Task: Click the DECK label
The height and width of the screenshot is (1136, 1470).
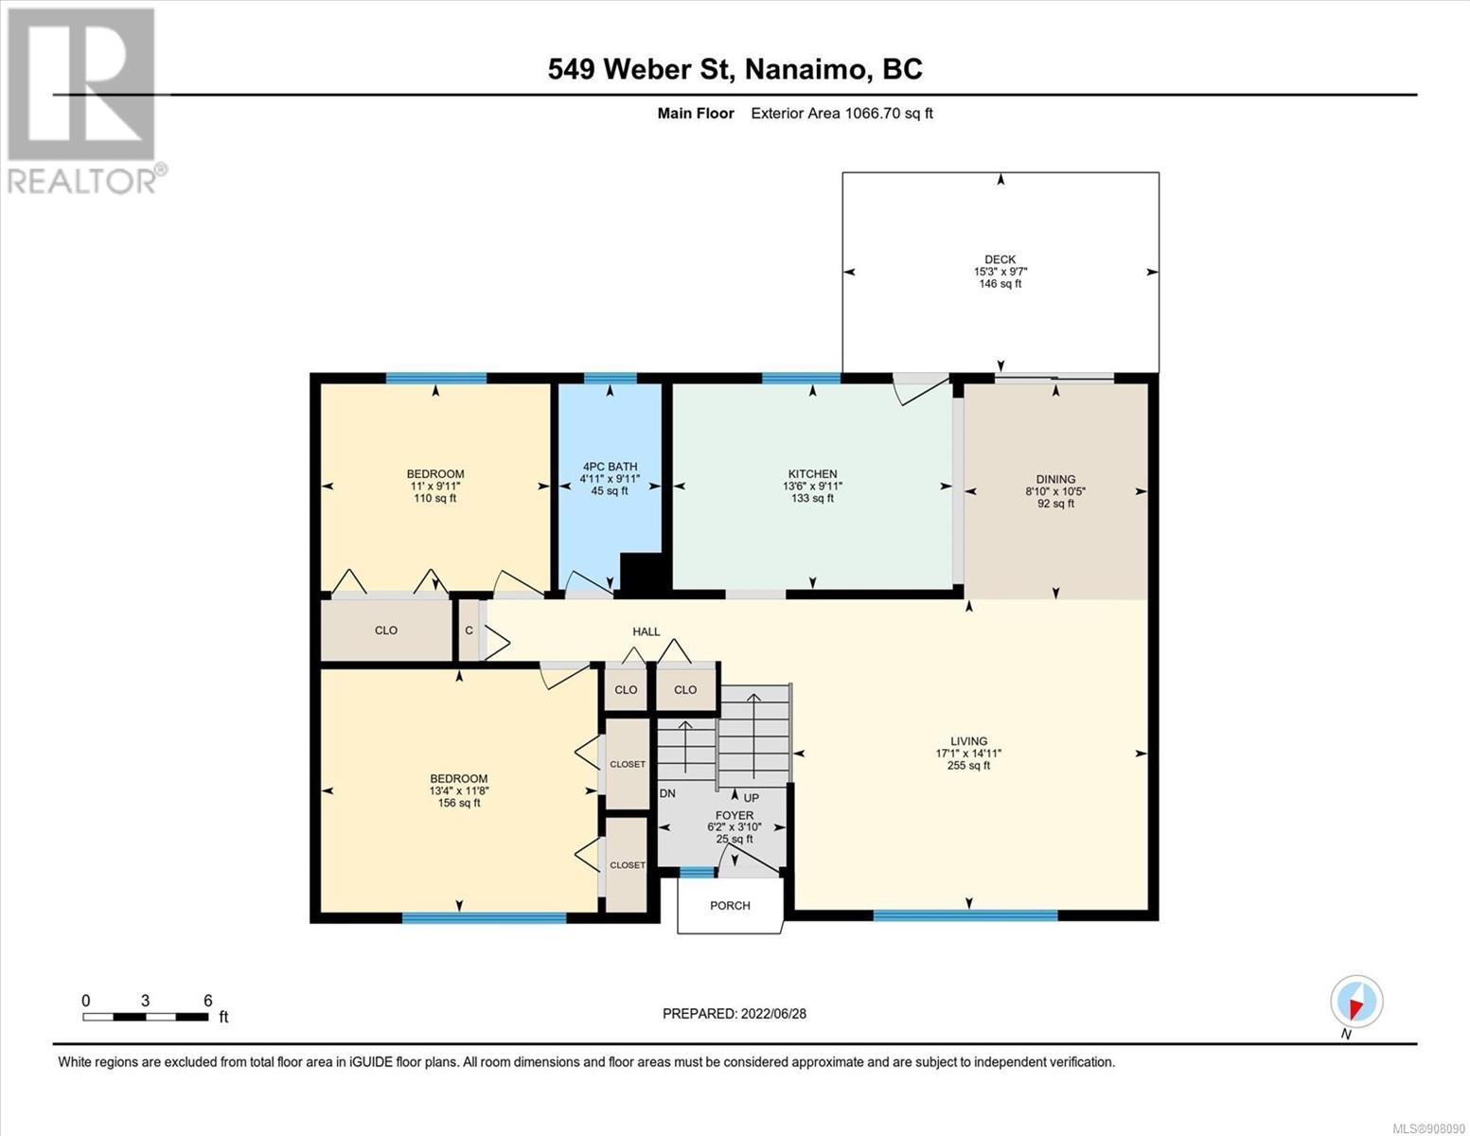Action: pos(1000,259)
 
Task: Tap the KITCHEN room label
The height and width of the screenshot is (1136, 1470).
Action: pos(812,474)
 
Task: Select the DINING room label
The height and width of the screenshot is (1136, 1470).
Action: pos(1055,480)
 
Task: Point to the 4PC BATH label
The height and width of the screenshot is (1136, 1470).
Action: pos(611,467)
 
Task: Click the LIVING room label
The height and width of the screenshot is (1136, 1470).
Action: pos(968,741)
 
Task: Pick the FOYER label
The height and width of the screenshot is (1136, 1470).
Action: pos(734,816)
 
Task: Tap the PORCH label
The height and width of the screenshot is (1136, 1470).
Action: pos(730,906)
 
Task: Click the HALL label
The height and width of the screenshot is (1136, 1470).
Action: pos(646,632)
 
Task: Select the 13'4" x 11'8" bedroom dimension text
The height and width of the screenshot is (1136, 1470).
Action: pos(459,790)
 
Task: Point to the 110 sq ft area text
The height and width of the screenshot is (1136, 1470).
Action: pos(435,499)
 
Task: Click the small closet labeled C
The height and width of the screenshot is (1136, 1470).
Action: pos(469,630)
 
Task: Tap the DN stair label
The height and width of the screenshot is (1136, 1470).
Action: pos(667,793)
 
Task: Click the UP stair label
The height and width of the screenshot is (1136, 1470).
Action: pos(751,798)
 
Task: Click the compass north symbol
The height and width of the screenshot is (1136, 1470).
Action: pos(1356,1002)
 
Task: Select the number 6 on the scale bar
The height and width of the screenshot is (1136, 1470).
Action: pos(207,1001)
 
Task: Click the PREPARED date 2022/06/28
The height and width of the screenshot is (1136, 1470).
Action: pos(773,1014)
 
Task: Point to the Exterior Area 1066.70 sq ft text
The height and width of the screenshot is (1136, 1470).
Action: pos(841,114)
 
